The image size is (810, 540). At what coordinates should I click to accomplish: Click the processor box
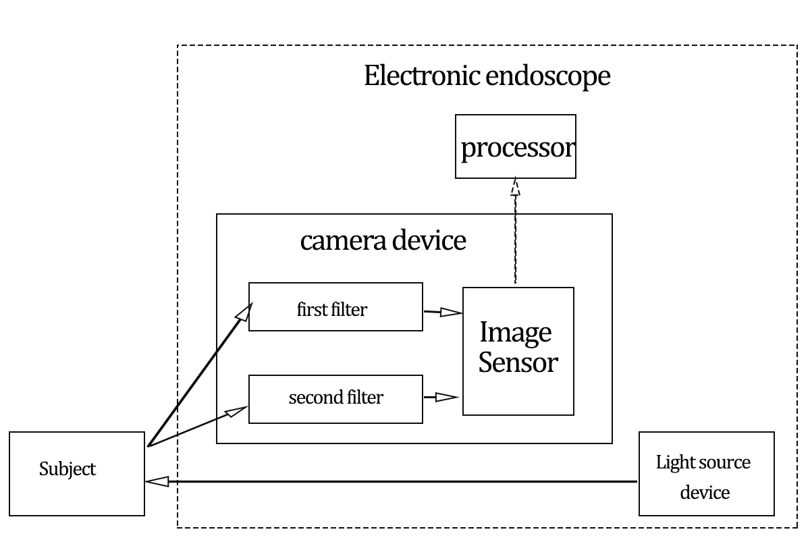[x=515, y=146]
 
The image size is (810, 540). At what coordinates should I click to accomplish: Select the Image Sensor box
[x=518, y=351]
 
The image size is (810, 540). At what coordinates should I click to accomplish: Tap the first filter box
[x=335, y=307]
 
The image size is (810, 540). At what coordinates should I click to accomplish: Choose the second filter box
[x=335, y=399]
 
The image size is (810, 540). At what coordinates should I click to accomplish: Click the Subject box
[x=77, y=474]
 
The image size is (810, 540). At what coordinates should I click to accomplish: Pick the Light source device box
[x=706, y=474]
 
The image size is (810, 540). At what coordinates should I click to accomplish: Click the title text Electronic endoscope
[x=487, y=76]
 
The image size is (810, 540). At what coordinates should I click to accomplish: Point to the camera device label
[x=383, y=240]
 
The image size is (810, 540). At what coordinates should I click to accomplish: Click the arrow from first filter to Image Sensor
[x=443, y=312]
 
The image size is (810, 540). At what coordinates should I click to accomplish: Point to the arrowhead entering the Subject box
[x=156, y=481]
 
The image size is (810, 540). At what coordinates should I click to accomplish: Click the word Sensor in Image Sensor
[x=518, y=362]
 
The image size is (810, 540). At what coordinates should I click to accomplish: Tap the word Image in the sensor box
[x=515, y=333]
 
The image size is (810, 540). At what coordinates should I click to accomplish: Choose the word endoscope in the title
[x=548, y=76]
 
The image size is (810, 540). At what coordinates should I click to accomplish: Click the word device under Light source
[x=705, y=492]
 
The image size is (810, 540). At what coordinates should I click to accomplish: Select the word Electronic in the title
[x=423, y=76]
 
